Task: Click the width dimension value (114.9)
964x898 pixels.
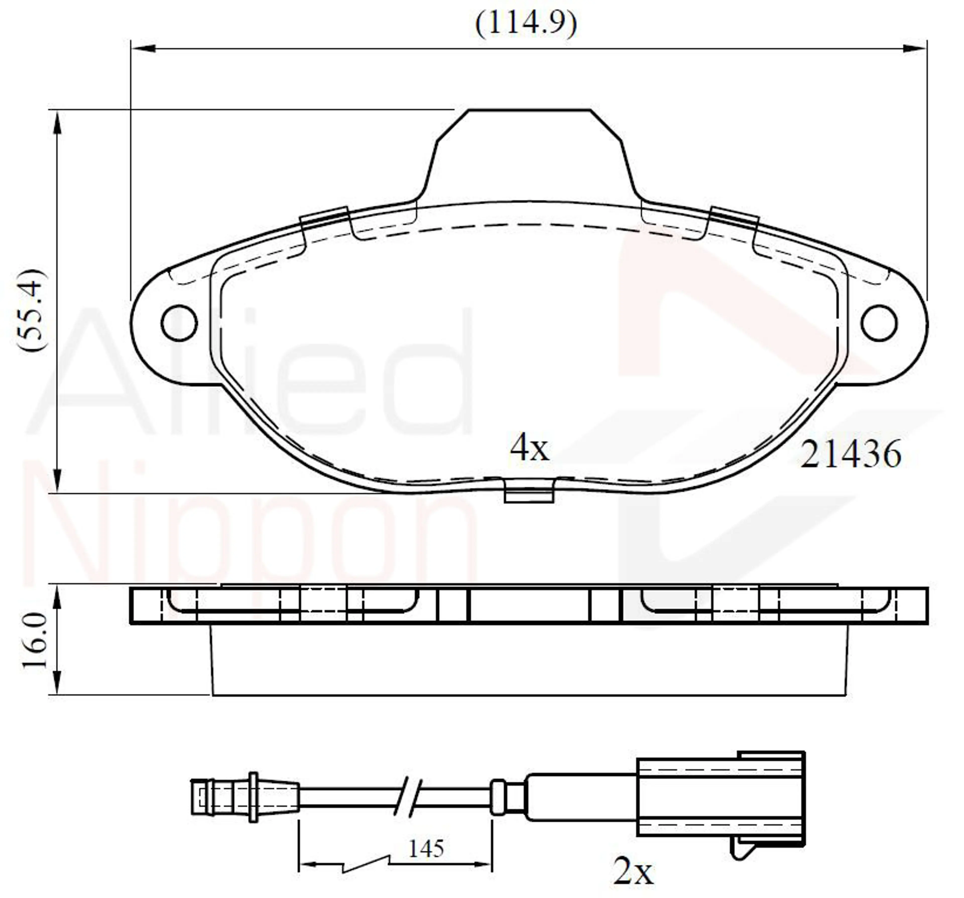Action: (526, 23)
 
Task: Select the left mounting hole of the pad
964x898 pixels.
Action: (179, 323)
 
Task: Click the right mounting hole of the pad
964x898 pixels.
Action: (879, 323)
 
